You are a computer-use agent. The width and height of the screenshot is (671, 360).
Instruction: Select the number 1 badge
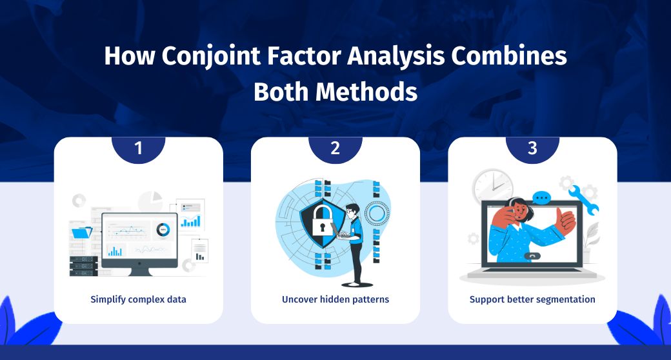pos(138,148)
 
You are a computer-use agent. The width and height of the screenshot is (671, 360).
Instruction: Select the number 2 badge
pos(335,148)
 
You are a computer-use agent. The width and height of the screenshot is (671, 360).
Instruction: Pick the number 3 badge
pos(532,148)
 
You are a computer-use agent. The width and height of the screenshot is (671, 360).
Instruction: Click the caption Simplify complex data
pos(138,299)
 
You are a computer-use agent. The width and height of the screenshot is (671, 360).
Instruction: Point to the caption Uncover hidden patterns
pos(335,299)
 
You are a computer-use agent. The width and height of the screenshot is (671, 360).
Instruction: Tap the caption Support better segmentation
pos(532,299)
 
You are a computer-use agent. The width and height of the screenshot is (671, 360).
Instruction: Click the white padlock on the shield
pos(320,223)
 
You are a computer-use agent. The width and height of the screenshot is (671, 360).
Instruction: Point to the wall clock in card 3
pos(492,188)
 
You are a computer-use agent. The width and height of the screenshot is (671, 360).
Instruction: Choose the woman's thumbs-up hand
pos(565,220)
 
